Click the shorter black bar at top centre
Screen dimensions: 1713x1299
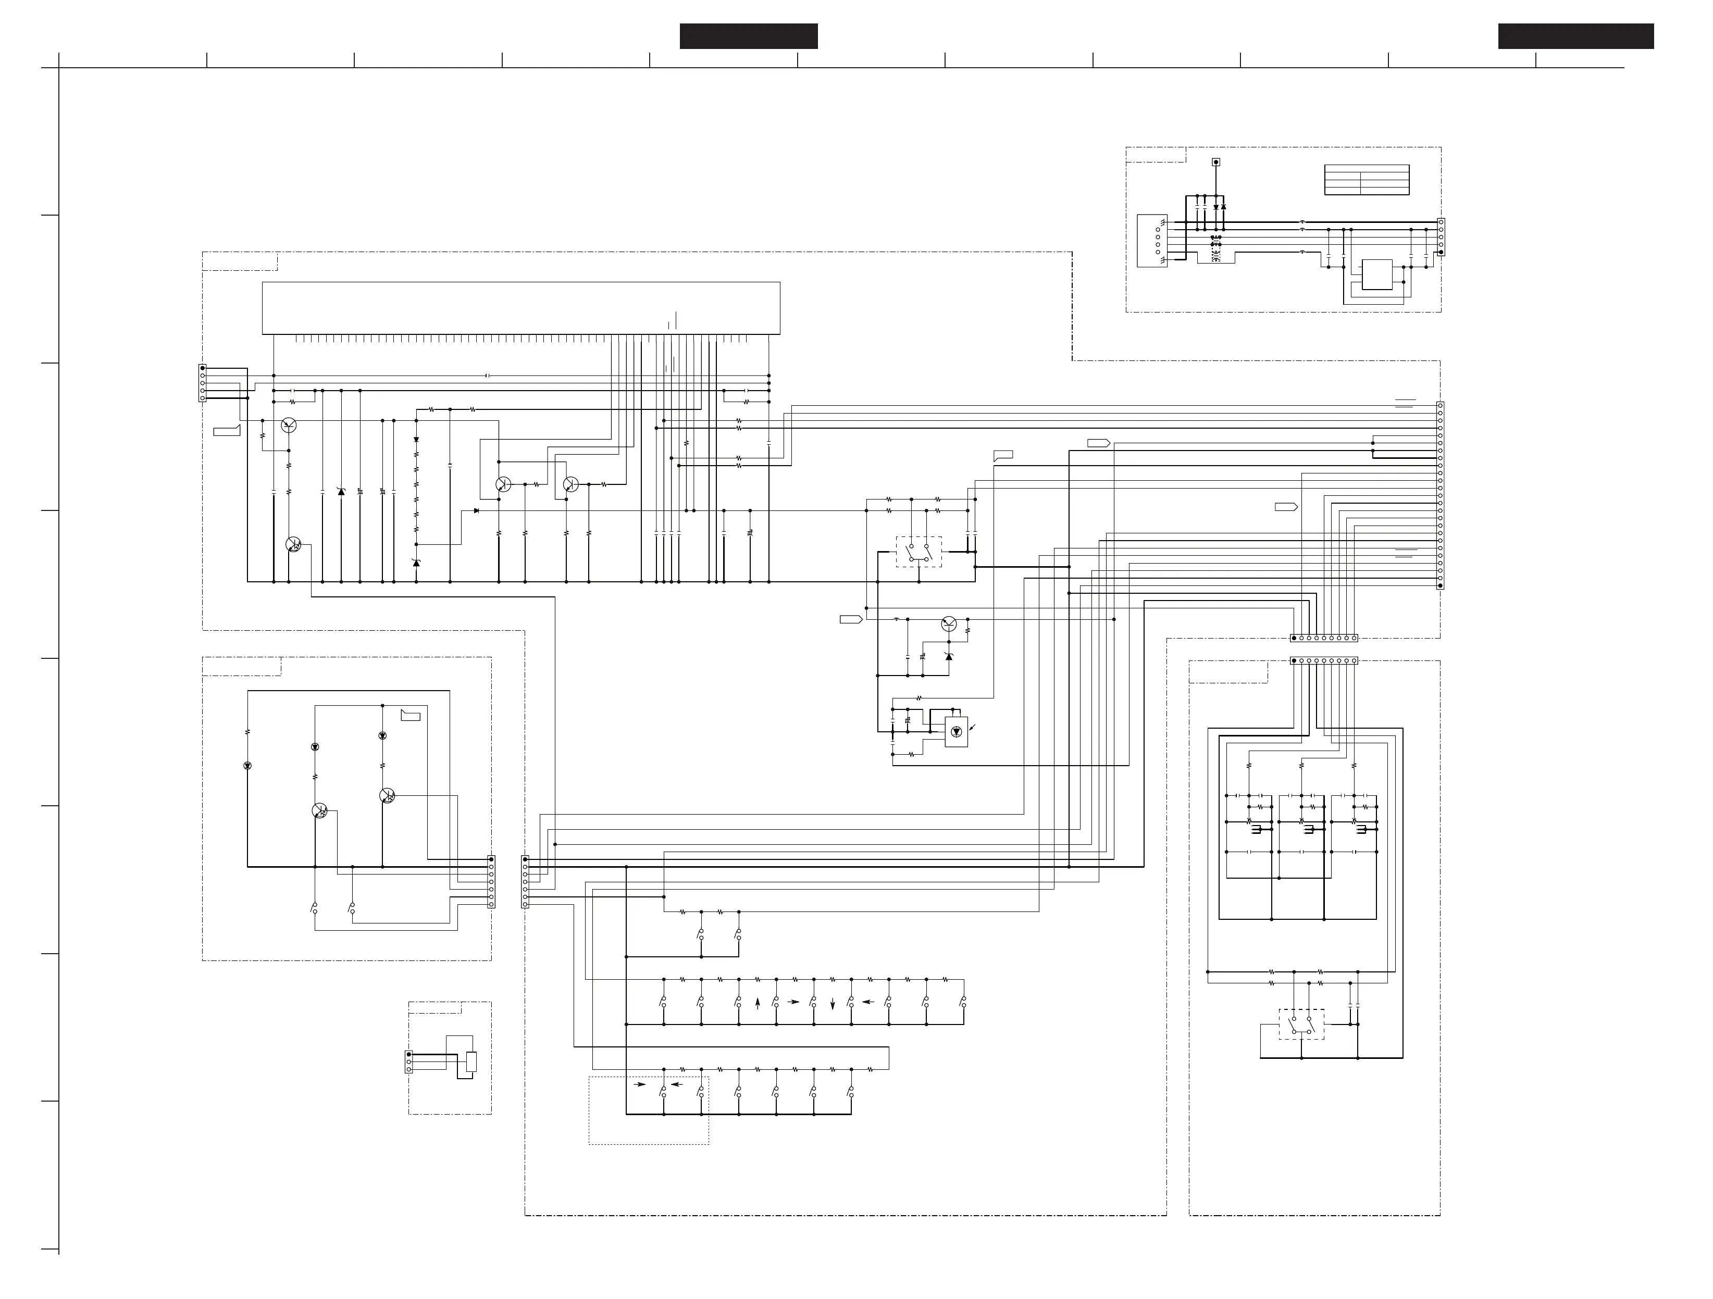tap(748, 36)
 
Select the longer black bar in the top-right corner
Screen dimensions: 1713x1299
tap(1576, 36)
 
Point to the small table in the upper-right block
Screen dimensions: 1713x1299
tap(1366, 180)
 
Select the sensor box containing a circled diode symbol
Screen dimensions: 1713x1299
tap(957, 732)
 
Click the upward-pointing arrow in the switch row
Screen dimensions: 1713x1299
tap(758, 1003)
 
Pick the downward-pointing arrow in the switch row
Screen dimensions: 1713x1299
tap(833, 1004)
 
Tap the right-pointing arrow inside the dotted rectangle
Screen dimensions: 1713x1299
tap(640, 1084)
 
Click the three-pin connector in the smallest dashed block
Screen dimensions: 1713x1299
tap(409, 1062)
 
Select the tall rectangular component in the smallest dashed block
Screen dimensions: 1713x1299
tap(471, 1061)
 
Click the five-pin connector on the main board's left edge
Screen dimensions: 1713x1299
tap(202, 383)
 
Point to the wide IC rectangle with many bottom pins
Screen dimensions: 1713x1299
tap(520, 308)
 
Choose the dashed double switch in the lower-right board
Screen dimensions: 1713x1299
tap(1301, 1024)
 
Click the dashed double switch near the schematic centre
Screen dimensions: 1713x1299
tap(919, 552)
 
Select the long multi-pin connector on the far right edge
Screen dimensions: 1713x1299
tap(1439, 495)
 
